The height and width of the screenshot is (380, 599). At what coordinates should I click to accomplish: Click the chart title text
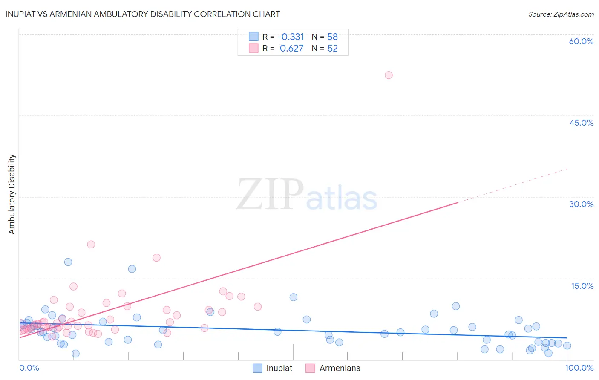143,14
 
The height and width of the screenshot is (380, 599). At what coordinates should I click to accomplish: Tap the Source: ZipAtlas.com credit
561,14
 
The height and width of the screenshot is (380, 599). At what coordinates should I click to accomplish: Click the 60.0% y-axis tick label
581,41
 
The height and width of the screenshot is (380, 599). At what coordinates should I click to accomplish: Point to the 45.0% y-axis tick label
581,123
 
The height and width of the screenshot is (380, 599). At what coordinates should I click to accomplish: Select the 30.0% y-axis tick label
581,204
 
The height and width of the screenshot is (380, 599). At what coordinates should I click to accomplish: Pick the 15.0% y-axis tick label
582,286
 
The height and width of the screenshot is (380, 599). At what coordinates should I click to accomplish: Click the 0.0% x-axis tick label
29,368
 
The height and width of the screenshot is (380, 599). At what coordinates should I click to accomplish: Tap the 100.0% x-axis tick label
579,368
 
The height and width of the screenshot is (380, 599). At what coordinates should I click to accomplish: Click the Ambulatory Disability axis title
12,194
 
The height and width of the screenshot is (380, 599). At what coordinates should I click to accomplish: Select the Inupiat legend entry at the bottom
273,368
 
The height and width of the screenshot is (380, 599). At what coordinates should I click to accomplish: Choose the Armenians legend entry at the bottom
333,368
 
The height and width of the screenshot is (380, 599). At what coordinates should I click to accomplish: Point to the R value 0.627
291,49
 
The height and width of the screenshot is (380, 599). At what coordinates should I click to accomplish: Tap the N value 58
332,37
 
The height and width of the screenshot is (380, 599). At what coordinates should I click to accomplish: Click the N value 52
332,49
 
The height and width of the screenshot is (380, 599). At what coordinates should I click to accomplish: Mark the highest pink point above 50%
389,75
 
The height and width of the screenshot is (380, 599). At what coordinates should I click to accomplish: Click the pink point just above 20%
91,245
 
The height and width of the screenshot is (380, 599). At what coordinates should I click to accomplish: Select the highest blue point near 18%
68,262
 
